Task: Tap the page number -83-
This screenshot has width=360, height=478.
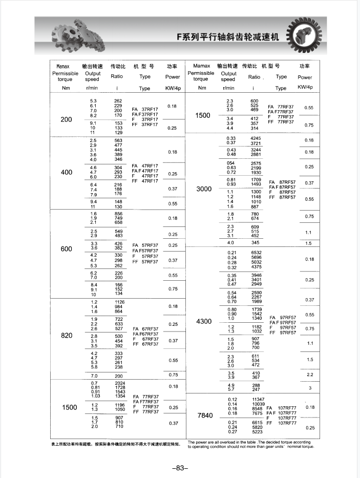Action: (x=180, y=467)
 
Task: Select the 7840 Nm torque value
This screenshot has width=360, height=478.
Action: (x=204, y=415)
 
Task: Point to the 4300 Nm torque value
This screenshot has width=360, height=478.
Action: (x=203, y=322)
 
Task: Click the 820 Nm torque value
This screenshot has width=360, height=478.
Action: (x=67, y=335)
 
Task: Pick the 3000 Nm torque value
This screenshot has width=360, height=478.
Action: (x=203, y=189)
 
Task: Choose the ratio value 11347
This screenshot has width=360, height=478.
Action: (x=258, y=399)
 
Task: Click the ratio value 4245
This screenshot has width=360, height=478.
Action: (x=256, y=138)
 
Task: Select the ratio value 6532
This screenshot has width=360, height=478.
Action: (x=256, y=253)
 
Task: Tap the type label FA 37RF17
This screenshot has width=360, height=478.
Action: (x=145, y=110)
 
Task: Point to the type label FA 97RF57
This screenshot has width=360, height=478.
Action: (x=283, y=318)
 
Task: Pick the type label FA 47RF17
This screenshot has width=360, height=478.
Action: (x=145, y=166)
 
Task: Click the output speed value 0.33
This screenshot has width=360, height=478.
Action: (x=230, y=138)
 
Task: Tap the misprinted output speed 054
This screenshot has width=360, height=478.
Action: (x=230, y=163)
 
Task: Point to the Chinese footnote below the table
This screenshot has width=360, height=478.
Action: (x=116, y=443)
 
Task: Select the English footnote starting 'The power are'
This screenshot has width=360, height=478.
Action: (x=250, y=444)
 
